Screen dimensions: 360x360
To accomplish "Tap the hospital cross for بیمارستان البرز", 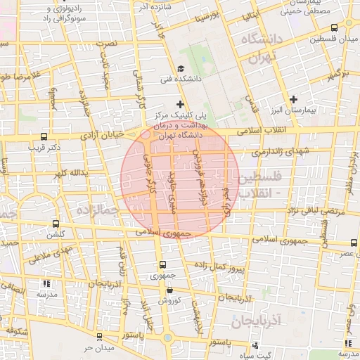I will [x=294, y=99].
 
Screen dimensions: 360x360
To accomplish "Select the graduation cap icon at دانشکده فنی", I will [x=181, y=68].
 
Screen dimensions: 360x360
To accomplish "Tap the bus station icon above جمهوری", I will [x=163, y=265].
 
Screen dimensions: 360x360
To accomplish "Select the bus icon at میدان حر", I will [x=99, y=337].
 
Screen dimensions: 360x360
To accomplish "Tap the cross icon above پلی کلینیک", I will [x=181, y=104].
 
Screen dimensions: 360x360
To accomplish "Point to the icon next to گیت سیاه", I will [x=255, y=345].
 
